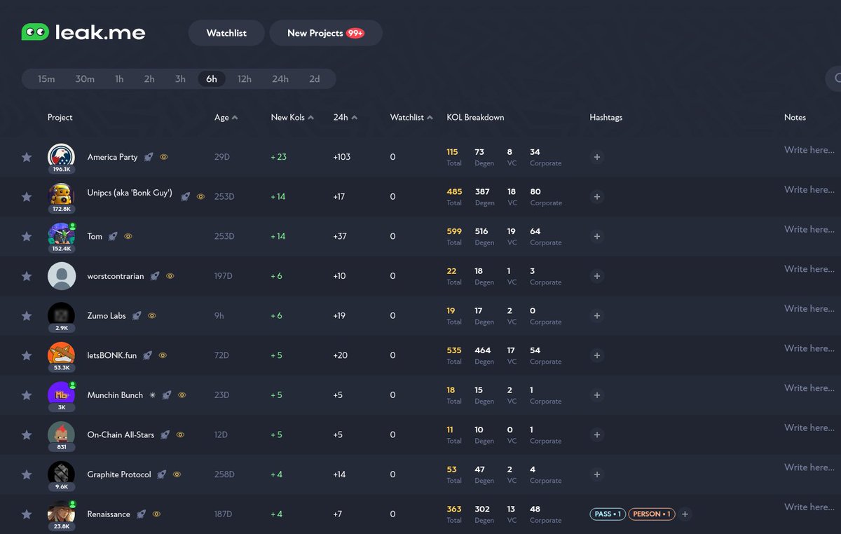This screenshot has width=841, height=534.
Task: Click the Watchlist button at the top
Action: pyautogui.click(x=226, y=33)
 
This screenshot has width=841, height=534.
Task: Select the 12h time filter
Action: pyautogui.click(x=244, y=79)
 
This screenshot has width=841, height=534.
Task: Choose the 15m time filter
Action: pyautogui.click(x=46, y=79)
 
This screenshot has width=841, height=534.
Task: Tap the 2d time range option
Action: pyautogui.click(x=315, y=79)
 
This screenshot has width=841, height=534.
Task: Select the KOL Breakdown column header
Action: pyautogui.click(x=475, y=118)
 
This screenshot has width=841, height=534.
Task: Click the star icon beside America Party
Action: pyautogui.click(x=27, y=157)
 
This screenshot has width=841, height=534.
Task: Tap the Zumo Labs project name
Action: pyautogui.click(x=107, y=316)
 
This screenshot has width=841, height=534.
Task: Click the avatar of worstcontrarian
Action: pyautogui.click(x=62, y=276)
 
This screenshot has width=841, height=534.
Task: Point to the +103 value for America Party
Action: pyautogui.click(x=342, y=157)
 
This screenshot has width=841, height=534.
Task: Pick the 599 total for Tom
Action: pyautogui.click(x=453, y=231)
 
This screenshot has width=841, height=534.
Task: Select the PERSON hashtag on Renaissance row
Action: pyautogui.click(x=651, y=514)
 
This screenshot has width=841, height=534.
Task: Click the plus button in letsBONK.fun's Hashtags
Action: pyautogui.click(x=597, y=355)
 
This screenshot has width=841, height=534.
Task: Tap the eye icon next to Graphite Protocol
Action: pyautogui.click(x=177, y=474)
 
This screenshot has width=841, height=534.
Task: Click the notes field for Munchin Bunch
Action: pyautogui.click(x=809, y=388)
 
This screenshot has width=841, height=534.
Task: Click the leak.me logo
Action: pyautogui.click(x=83, y=32)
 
